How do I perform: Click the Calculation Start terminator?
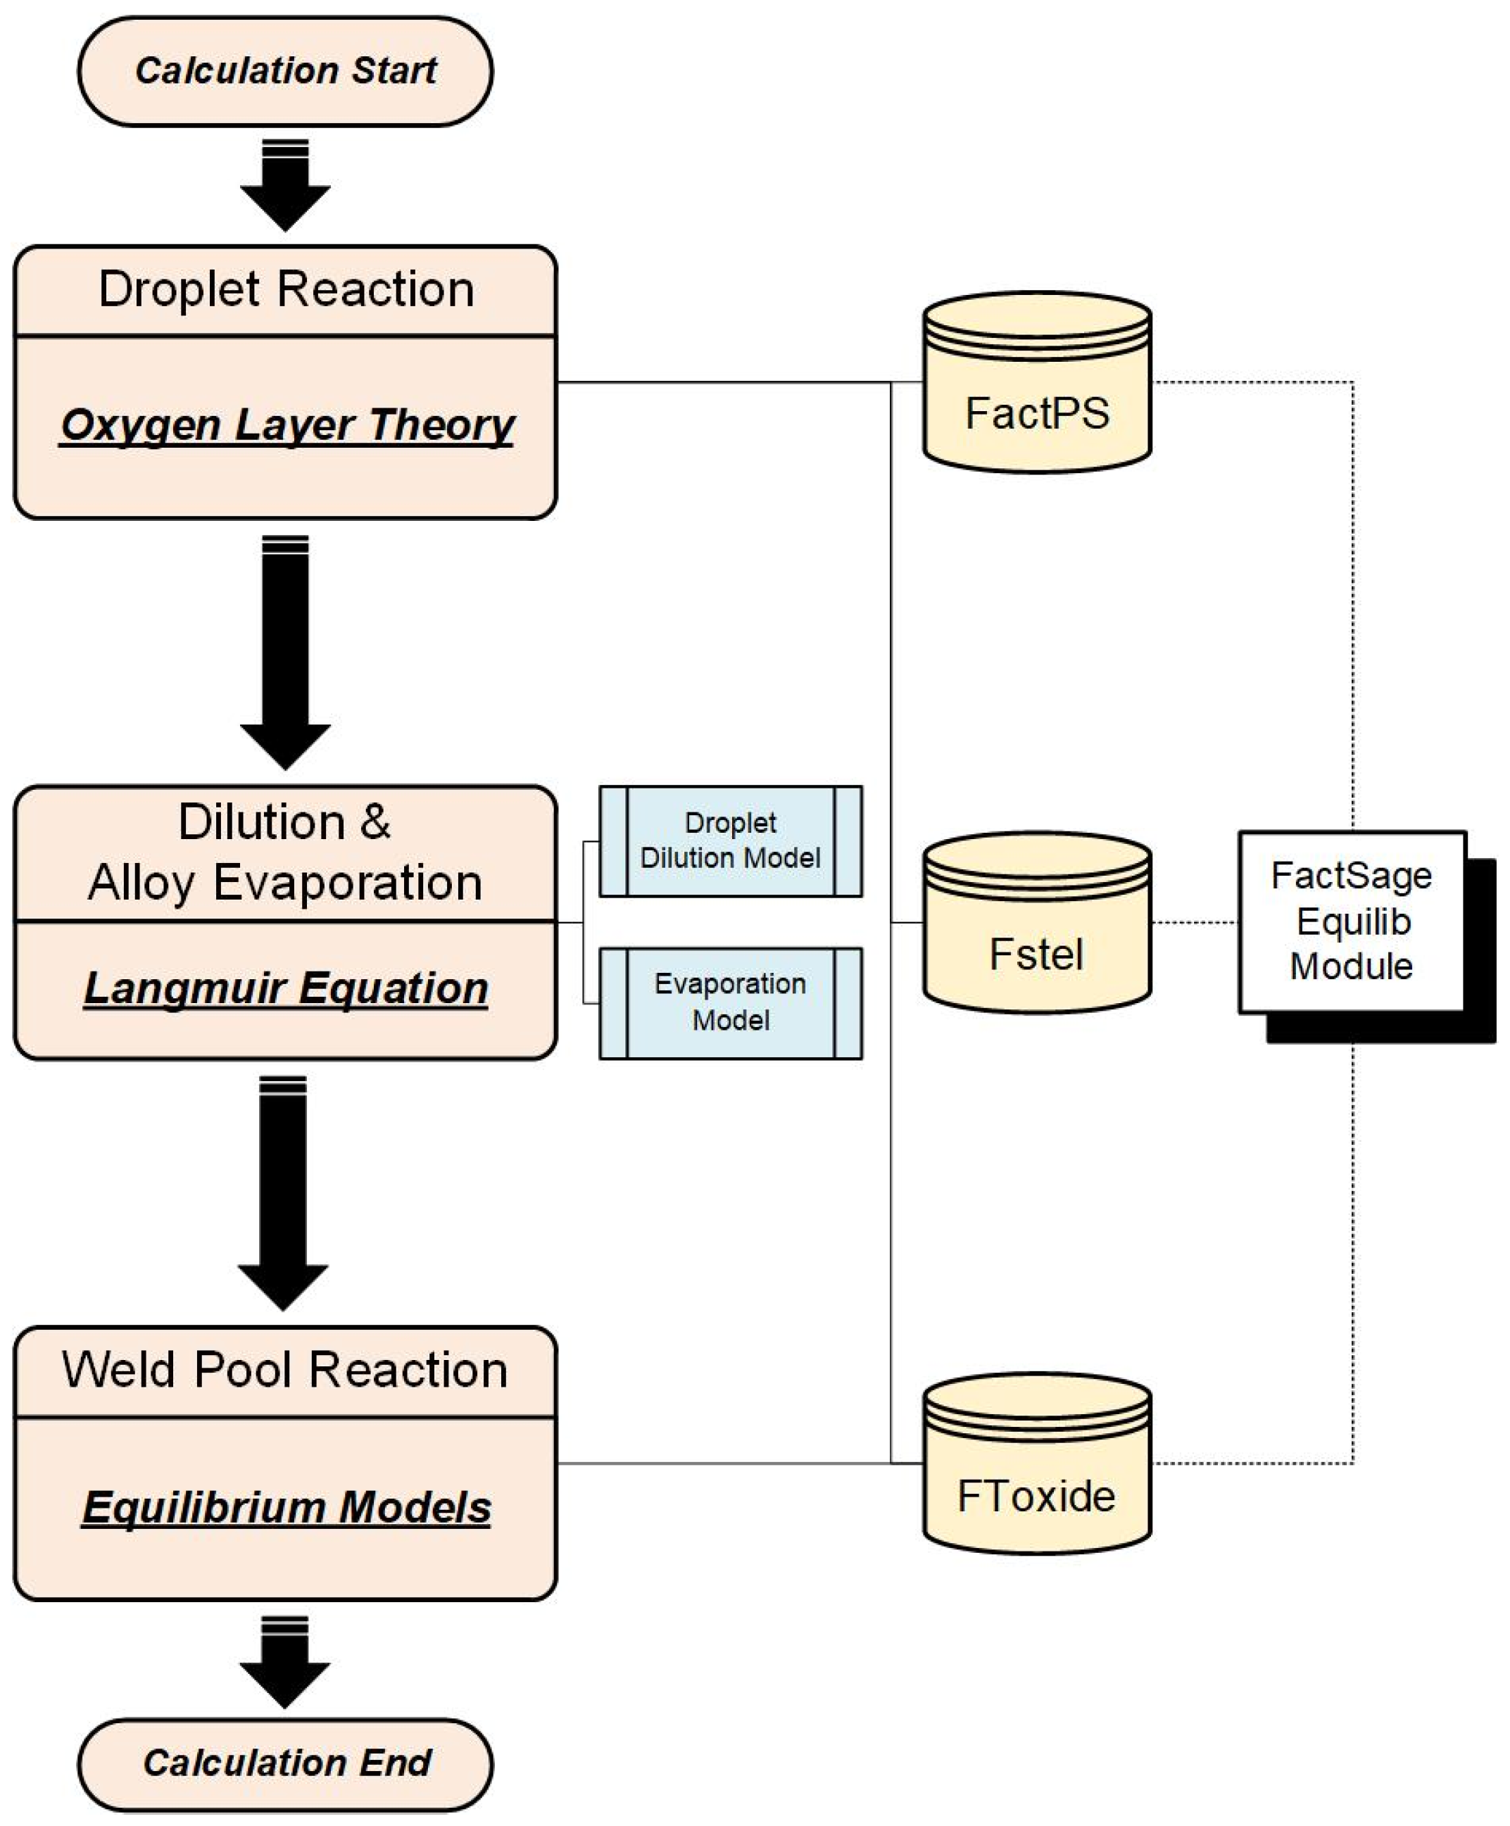point(285,70)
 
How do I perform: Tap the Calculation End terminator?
point(285,1763)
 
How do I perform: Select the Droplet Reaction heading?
point(285,289)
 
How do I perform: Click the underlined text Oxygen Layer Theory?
point(287,425)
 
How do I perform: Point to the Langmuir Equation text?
point(285,988)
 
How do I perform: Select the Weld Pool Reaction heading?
point(285,1371)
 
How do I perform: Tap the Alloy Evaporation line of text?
point(285,883)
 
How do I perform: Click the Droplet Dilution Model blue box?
point(730,840)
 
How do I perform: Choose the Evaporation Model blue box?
point(730,1002)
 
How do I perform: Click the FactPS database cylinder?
point(1036,384)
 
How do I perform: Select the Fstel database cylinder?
point(1036,924)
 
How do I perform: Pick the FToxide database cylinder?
point(1036,1464)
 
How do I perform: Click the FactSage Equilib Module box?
point(1351,921)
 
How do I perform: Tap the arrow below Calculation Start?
point(285,187)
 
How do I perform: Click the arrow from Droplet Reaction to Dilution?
point(285,652)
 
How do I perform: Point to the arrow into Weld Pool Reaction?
point(284,1193)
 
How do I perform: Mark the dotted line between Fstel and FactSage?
point(1195,921)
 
